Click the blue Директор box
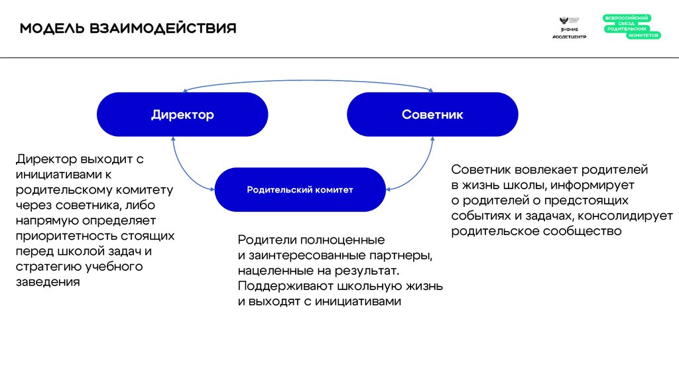(x=182, y=115)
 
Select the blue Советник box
(x=432, y=115)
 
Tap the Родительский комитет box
(x=300, y=190)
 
